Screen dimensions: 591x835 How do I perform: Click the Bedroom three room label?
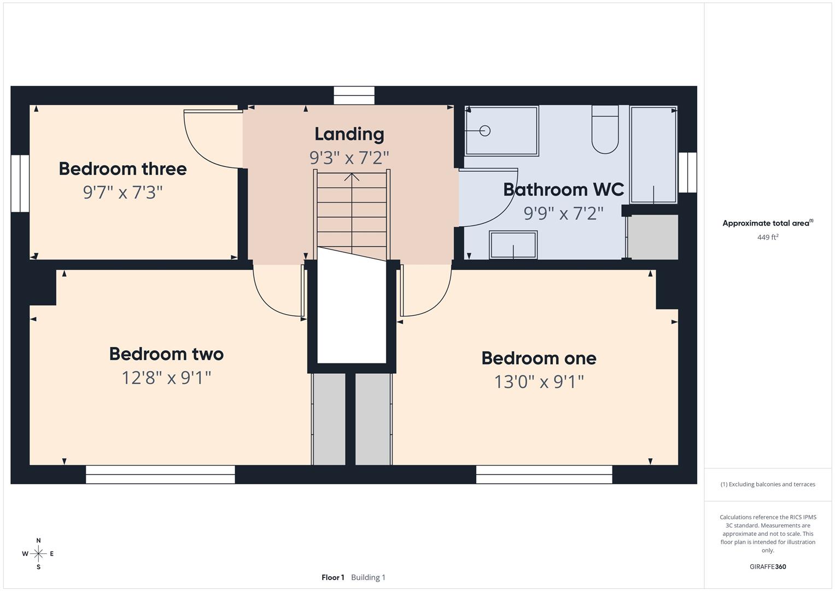click(x=122, y=169)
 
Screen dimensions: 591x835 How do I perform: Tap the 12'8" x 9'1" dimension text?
click(x=166, y=378)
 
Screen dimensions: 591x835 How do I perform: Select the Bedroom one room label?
click(x=539, y=358)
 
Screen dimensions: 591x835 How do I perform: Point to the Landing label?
click(x=349, y=134)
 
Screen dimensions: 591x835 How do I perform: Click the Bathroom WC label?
click(x=563, y=189)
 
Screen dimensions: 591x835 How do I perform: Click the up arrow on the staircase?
click(x=352, y=177)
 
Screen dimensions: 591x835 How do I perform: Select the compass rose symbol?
click(x=38, y=554)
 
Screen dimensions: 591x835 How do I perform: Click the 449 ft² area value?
click(x=767, y=237)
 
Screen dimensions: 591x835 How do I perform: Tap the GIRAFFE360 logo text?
click(x=767, y=566)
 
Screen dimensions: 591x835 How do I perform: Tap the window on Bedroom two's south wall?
click(x=160, y=474)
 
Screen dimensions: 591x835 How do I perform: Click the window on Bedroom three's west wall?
click(x=20, y=183)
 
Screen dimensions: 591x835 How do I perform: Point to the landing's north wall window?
click(x=354, y=95)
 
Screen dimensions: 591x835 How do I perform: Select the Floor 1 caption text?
click(x=332, y=577)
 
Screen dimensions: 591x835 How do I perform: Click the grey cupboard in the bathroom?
click(x=653, y=236)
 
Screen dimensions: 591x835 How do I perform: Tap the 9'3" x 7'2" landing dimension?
click(x=349, y=158)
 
